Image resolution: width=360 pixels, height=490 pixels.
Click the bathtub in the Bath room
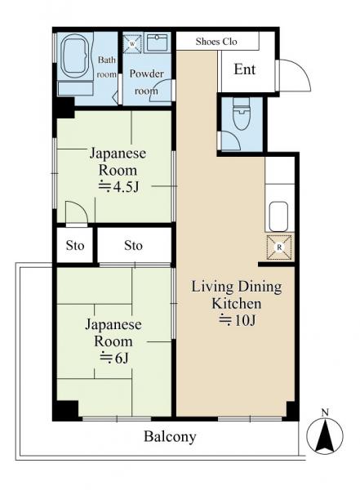point(75,57)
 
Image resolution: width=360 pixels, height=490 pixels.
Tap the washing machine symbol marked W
point(132,44)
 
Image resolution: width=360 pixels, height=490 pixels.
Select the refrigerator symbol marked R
point(279,247)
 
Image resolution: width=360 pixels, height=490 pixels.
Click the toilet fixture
point(242,114)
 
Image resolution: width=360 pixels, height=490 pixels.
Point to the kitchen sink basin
point(278,216)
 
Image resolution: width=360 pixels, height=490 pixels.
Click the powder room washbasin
point(158,43)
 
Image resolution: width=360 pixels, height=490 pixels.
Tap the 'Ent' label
point(245,69)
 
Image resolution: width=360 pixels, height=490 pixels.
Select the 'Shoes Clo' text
point(216,42)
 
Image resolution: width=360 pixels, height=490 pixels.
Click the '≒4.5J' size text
point(118,187)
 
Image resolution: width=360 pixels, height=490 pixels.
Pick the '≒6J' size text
point(113,359)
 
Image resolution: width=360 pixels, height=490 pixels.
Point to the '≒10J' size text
point(238,320)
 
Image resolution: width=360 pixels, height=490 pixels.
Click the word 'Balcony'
point(170,437)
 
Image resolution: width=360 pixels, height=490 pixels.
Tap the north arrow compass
point(325,436)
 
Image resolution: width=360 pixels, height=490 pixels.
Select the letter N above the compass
point(325,412)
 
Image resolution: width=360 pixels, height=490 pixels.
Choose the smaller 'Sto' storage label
point(75,246)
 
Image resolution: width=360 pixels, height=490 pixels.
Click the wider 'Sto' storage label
point(133,246)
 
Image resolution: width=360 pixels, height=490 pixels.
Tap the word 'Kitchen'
point(237,304)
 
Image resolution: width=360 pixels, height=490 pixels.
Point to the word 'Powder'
point(147,73)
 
